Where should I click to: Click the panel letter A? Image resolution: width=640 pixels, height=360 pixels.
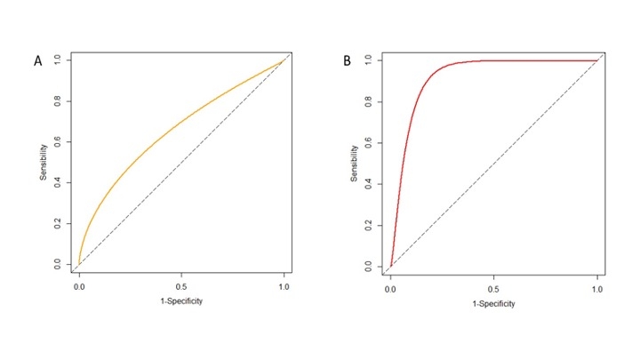(x=37, y=62)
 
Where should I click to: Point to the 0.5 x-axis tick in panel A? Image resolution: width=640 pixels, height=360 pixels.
(x=182, y=287)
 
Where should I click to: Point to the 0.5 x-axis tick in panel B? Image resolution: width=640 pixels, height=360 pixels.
(x=493, y=288)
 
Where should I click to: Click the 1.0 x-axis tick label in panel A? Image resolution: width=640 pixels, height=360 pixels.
(x=284, y=287)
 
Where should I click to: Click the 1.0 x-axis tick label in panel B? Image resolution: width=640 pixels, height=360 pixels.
(x=596, y=288)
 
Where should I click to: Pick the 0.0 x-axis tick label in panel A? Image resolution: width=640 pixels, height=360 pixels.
(x=79, y=287)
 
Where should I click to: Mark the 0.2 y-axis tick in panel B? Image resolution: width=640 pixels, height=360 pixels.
(x=371, y=225)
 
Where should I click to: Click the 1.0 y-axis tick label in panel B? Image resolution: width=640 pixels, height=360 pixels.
(x=371, y=60)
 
